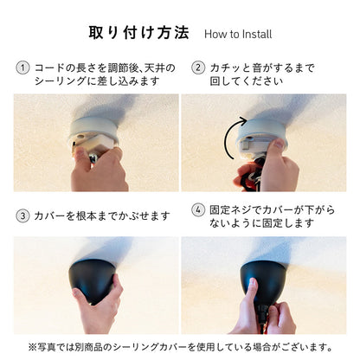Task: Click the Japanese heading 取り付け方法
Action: point(138,32)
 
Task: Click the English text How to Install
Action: point(238,34)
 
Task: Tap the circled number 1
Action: point(22,68)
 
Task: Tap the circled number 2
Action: point(198,68)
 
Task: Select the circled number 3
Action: point(22,216)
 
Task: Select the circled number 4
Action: point(198,209)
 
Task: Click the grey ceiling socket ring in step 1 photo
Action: point(93,128)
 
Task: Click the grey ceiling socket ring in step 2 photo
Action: point(261,129)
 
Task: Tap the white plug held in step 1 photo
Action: point(93,145)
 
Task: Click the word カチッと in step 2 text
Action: point(227,68)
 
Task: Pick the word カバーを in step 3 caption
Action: point(55,216)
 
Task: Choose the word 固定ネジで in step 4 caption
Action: point(235,209)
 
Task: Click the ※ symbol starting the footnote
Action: point(32,347)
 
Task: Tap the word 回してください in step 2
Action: point(246,81)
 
